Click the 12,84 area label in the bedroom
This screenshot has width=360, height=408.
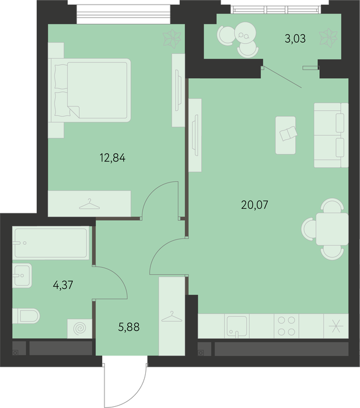tap(113, 158)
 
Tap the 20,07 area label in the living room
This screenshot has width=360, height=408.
tap(254, 205)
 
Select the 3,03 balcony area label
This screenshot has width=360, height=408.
tap(295, 39)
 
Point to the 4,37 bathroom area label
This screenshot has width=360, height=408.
tap(63, 285)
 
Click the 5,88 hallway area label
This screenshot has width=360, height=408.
tap(129, 327)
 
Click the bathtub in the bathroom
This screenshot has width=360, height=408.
tap(51, 243)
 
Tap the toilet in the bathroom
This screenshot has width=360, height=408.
tap(26, 316)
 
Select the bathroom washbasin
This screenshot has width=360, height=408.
tap(22, 275)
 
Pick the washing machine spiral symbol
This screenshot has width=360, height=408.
tap(80, 329)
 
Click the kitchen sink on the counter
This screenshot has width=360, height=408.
tap(237, 326)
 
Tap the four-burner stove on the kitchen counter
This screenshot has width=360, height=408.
tap(286, 326)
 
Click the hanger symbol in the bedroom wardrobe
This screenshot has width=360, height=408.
tap(89, 204)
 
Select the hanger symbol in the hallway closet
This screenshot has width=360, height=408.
tap(172, 316)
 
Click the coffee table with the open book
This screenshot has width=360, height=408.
tap(285, 135)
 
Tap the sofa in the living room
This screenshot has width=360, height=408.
tap(331, 135)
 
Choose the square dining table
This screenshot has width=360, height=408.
tap(332, 229)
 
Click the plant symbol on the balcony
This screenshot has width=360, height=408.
tap(328, 38)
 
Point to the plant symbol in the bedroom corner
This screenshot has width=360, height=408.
tap(172, 39)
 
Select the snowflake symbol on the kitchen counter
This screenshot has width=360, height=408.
tap(335, 326)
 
